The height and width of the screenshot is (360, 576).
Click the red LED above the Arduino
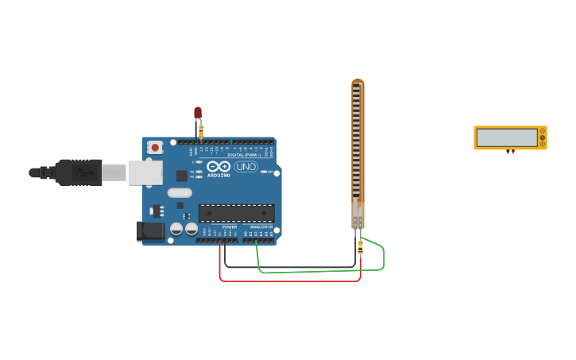198,113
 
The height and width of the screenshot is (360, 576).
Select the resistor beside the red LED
201,130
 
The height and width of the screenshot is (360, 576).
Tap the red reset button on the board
155,148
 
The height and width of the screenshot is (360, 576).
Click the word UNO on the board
245,167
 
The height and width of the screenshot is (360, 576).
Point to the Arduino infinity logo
218,166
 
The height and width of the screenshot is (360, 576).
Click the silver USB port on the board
145,172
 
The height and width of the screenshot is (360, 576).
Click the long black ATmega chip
236,213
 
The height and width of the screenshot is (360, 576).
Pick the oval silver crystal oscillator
180,192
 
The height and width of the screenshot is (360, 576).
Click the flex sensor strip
358,151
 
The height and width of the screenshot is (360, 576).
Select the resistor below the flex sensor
360,247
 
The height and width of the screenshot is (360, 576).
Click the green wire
318,271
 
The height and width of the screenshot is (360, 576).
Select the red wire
286,281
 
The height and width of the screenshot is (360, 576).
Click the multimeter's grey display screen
507,137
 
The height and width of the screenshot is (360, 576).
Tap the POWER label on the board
229,227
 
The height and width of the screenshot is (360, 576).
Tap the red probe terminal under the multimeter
512,152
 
